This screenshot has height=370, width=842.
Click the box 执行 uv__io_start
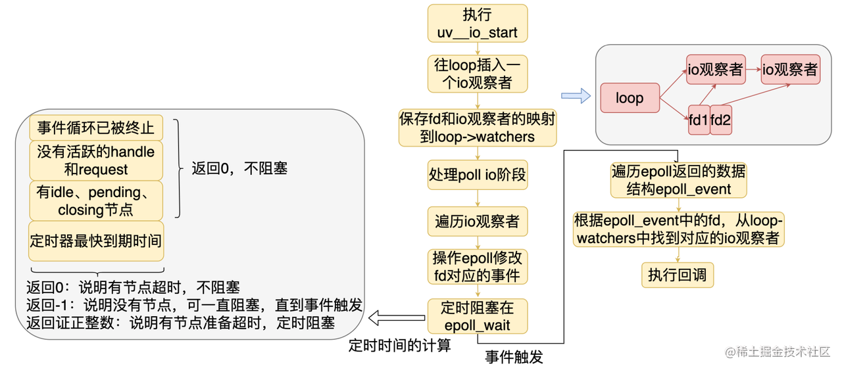tap(477, 23)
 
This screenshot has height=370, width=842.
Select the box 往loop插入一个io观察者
tap(477, 74)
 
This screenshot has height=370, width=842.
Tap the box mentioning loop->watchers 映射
tap(477, 127)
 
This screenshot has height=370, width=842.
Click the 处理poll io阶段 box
tap(477, 175)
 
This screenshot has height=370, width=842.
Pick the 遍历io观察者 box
tap(477, 221)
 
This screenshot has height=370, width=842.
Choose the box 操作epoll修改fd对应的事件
tap(477, 266)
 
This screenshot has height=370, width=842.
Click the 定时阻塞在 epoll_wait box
tap(477, 316)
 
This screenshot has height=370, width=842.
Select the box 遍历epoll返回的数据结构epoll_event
tap(678, 180)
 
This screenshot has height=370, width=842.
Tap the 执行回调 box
tap(677, 274)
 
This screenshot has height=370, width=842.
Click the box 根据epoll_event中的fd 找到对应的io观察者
tap(678, 229)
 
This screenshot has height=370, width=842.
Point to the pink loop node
tap(630, 98)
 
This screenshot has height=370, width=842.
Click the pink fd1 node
tap(699, 120)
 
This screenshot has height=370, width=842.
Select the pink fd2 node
tap(721, 120)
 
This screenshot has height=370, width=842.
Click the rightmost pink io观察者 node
tap(789, 69)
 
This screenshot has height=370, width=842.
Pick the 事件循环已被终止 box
tap(96, 127)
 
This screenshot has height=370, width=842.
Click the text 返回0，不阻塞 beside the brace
tap(239, 168)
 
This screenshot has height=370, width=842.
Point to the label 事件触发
tap(514, 357)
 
